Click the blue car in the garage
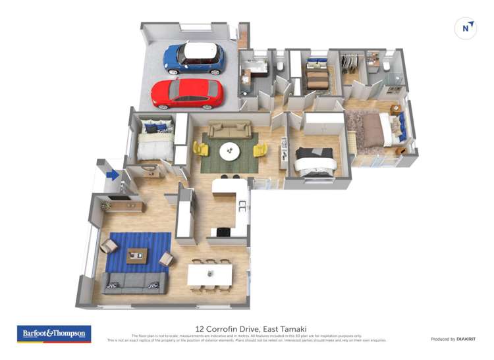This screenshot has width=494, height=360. [x=194, y=58]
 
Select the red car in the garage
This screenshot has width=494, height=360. [x=187, y=93]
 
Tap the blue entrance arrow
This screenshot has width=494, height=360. [x=113, y=175]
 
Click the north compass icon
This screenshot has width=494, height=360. [x=466, y=28]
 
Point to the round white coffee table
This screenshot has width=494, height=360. [x=230, y=151]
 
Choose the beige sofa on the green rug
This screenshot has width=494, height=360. [x=230, y=130]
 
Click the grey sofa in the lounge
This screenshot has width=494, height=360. [x=135, y=282]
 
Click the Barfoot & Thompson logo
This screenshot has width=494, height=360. [x=54, y=334]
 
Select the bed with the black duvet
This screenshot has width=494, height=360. [x=314, y=160]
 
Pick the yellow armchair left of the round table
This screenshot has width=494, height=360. [x=201, y=149]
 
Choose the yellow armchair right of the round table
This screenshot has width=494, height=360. [x=260, y=150]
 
